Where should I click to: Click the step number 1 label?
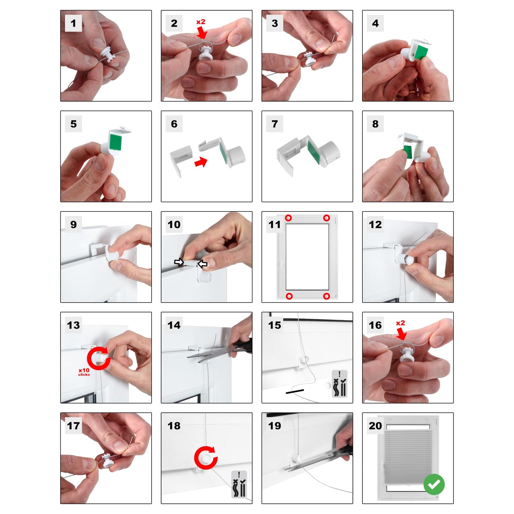73,23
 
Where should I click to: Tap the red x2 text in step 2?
201,22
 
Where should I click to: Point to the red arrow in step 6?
201,162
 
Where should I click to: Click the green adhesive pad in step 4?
422,52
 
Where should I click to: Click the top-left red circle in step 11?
288,218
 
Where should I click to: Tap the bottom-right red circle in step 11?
327,296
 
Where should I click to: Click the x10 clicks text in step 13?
84,372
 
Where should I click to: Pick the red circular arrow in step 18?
206,458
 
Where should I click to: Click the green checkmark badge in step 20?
434,484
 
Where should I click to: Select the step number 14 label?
174,325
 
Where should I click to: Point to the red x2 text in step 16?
400,323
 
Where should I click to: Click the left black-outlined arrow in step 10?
179,262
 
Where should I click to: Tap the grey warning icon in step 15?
339,383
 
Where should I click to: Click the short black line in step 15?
295,391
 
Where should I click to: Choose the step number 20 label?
375,426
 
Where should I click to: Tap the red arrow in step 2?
202,32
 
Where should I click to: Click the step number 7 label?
275,124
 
